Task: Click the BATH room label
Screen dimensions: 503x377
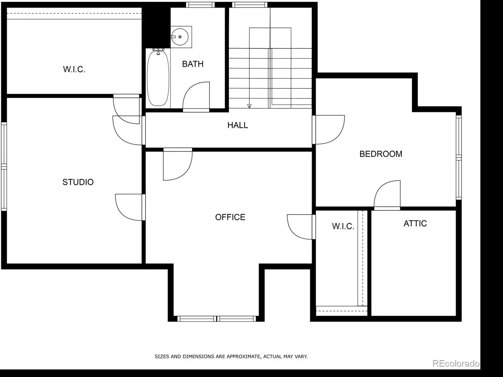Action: [193, 64]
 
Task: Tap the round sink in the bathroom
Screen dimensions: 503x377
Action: [180, 37]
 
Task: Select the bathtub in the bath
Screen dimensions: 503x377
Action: [158, 78]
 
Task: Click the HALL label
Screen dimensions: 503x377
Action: [238, 125]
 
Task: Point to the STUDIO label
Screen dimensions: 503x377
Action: [78, 182]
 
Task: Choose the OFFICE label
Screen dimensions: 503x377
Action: [230, 217]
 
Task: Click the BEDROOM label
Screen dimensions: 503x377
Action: [381, 154]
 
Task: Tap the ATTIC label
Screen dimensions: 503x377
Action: [415, 224]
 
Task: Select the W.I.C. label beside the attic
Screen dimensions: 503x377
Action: [343, 226]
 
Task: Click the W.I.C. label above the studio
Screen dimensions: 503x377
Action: [74, 69]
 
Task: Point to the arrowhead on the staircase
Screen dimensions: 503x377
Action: [249, 106]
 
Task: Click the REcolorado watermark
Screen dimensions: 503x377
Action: [456, 363]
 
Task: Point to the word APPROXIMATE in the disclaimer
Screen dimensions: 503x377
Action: [243, 357]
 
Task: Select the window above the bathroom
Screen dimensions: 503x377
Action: [200, 5]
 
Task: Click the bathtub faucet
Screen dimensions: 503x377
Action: [158, 51]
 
